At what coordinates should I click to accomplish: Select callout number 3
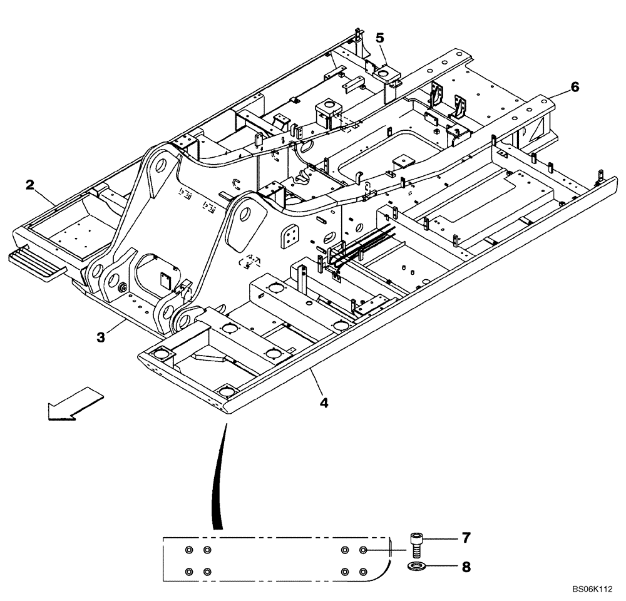point(100,337)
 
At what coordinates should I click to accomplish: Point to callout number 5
point(380,38)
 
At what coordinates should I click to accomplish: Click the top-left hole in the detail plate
point(189,550)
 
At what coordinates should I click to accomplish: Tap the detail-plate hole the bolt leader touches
point(364,550)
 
